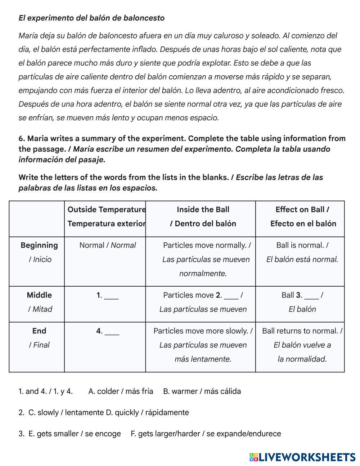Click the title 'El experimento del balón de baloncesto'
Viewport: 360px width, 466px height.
91,18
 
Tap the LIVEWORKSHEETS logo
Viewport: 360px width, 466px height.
302,457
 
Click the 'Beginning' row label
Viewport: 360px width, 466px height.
39,245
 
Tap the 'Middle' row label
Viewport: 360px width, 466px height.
39,295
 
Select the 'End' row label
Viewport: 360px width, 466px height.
39,331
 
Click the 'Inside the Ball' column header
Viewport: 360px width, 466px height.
203,210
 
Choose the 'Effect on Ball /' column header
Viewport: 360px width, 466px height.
302,210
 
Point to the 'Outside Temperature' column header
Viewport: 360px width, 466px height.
107,210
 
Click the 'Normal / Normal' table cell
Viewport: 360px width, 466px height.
107,245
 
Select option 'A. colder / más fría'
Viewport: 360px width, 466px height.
121,391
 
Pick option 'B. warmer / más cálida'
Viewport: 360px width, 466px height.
202,391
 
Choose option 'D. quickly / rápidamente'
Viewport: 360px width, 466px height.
147,412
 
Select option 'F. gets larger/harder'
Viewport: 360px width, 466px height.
206,434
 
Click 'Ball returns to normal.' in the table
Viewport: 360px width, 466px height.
302,331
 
